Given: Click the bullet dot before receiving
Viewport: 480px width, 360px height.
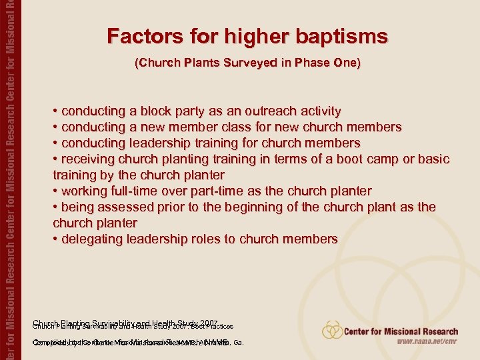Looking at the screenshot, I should click(x=56, y=159).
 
